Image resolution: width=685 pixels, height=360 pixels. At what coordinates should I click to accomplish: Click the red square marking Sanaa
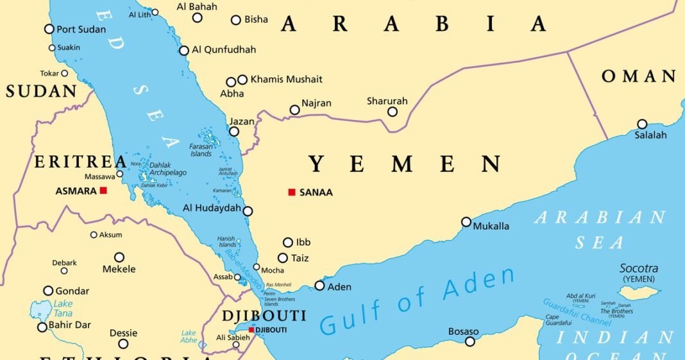click(292, 192)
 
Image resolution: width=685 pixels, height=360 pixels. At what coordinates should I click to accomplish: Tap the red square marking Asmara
click(103, 191)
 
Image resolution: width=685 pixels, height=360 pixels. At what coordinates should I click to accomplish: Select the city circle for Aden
click(319, 286)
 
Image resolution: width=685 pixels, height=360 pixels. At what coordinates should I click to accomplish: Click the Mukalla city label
click(491, 226)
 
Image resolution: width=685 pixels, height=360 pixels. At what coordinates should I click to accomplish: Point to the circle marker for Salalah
click(642, 124)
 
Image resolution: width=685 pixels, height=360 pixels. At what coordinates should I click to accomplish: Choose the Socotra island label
click(638, 268)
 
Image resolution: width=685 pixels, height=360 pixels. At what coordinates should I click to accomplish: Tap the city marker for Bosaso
click(470, 341)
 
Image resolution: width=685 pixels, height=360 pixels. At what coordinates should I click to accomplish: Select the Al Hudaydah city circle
click(248, 210)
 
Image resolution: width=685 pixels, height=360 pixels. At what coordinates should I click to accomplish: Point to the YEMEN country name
click(405, 164)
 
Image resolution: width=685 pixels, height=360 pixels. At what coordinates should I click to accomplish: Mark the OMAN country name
click(639, 76)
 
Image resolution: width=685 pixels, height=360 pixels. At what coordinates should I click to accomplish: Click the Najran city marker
click(294, 110)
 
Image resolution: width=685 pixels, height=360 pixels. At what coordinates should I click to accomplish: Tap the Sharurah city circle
click(393, 112)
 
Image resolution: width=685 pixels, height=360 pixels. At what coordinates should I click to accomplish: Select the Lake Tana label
click(63, 308)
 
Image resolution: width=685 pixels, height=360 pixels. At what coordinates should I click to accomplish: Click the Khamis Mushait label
click(286, 80)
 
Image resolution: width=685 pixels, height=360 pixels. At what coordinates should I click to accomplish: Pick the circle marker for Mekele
click(119, 257)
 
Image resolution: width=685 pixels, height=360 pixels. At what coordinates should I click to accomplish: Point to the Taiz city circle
click(282, 257)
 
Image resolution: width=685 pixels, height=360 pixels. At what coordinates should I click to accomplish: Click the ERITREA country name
click(80, 162)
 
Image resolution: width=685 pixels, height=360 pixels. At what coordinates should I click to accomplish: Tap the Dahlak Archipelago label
click(169, 169)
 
